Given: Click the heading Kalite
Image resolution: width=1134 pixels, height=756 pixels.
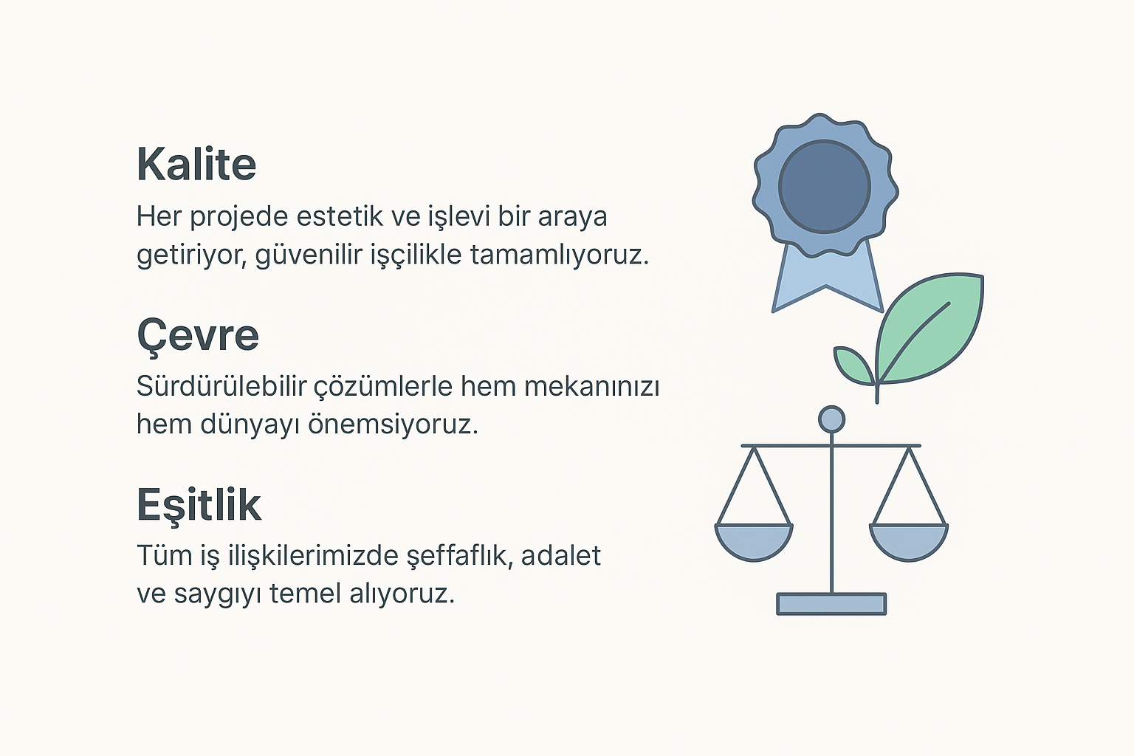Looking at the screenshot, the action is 196,164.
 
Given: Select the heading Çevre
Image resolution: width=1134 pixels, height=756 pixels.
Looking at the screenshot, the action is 198,336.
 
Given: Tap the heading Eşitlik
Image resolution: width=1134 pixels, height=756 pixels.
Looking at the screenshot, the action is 199,506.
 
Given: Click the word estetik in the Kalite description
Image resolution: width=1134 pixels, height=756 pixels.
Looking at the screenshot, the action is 340,216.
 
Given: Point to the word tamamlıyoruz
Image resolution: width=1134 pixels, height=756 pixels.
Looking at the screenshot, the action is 560,255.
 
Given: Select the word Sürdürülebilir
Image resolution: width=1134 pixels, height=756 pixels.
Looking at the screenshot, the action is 221,386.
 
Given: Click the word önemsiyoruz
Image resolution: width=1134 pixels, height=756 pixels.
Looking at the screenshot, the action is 394,425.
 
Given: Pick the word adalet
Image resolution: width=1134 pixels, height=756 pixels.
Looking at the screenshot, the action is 561,555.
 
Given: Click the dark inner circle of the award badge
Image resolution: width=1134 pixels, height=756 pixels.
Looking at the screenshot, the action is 824,187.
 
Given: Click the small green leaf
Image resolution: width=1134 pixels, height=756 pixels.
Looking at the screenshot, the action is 853,365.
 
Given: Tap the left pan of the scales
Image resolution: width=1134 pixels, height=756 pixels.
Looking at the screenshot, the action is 754,542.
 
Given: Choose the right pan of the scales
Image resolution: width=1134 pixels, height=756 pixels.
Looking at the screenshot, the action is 909,542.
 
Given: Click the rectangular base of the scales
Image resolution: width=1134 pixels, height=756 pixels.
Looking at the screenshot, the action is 831,604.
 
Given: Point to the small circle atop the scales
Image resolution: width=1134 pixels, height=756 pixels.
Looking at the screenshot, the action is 832,420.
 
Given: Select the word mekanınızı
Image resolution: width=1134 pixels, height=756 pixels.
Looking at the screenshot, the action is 592,387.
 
